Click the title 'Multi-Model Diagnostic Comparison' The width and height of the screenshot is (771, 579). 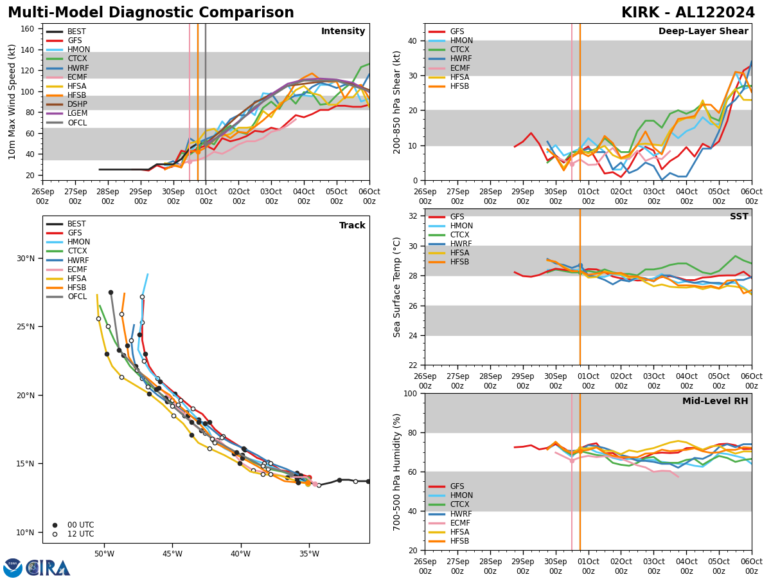(x=151, y=13)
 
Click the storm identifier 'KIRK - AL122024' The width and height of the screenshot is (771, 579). (x=687, y=13)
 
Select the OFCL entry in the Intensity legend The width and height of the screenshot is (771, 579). (x=77, y=123)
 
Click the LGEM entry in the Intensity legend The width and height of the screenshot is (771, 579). (x=78, y=113)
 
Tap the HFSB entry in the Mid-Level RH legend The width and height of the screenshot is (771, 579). (x=459, y=541)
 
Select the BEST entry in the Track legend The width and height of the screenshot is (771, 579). (x=78, y=224)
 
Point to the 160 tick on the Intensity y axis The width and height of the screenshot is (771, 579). (x=29, y=28)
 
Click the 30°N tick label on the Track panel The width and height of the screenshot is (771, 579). (x=26, y=259)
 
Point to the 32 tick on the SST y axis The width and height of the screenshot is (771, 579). (x=412, y=216)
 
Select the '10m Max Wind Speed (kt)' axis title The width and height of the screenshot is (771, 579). (x=12, y=102)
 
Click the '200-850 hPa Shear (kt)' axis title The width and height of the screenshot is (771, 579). (x=397, y=102)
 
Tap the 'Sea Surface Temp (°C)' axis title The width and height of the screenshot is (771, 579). (x=397, y=287)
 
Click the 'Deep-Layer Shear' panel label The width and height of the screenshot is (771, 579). (x=703, y=32)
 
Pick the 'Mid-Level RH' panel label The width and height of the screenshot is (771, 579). (x=714, y=401)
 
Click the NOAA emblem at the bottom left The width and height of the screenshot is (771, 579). (x=13, y=568)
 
